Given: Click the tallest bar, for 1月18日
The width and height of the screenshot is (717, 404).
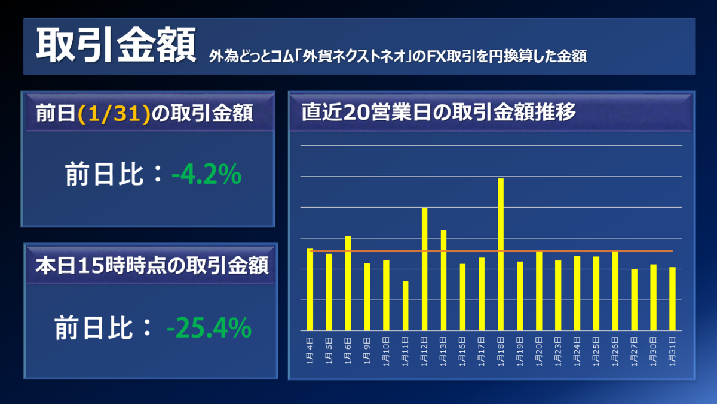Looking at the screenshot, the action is (x=501, y=254).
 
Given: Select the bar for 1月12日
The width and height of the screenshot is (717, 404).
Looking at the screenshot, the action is (x=424, y=269).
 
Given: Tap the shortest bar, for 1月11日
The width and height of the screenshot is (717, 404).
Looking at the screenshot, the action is (x=405, y=306).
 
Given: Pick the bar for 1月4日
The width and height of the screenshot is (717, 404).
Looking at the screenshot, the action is (x=310, y=290).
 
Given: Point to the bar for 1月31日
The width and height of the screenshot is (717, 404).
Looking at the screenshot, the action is (x=672, y=299).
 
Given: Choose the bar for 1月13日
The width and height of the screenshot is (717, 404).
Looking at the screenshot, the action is (x=443, y=280).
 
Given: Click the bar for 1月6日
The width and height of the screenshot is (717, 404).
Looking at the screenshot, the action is (x=348, y=284).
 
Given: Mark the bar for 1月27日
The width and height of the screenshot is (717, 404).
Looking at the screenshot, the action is (x=634, y=300).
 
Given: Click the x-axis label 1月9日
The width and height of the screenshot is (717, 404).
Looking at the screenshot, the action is (x=367, y=351).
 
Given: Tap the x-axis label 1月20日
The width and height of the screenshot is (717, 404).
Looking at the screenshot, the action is (x=539, y=351).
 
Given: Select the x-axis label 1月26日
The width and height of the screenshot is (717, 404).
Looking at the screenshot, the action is (x=615, y=351).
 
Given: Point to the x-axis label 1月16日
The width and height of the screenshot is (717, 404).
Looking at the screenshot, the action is (x=462, y=351).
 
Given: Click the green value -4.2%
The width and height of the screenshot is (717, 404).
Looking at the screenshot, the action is (x=207, y=174).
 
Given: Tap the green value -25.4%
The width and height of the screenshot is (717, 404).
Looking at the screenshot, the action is (x=209, y=328).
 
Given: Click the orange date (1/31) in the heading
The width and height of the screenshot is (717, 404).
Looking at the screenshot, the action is (x=114, y=114).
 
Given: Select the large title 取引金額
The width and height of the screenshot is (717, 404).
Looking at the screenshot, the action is (x=116, y=44).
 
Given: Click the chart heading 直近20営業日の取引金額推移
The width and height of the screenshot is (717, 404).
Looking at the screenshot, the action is (x=439, y=112).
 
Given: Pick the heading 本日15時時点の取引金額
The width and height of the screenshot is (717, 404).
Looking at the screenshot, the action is (x=152, y=266).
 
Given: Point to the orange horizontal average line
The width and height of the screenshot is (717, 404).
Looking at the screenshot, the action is (x=491, y=251).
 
